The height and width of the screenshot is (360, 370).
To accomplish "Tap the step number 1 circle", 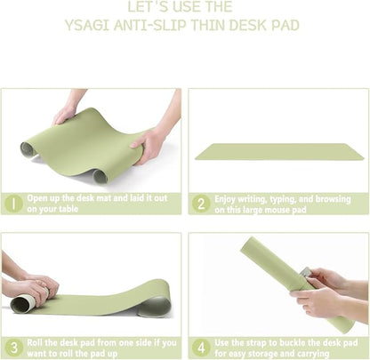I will [12, 204].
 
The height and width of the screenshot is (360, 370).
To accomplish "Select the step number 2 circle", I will [201, 204].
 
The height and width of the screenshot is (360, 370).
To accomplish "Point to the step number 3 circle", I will [12, 347].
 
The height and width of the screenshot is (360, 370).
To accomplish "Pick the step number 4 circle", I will [201, 347].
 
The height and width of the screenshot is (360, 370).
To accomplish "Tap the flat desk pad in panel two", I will [278, 151].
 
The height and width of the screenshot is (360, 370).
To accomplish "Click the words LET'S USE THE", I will [184, 6].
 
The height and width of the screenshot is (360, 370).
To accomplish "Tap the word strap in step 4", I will [261, 341].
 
